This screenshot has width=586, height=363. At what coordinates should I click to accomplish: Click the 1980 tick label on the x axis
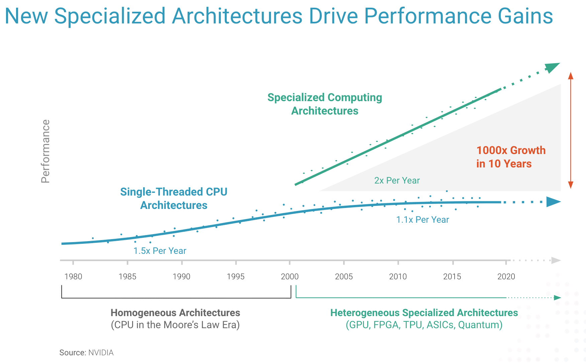click(73, 277)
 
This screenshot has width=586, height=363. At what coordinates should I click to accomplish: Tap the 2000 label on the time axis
click(290, 277)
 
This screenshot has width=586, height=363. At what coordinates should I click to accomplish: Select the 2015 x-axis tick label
click(452, 277)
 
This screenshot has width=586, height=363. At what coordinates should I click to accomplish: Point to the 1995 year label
click(235, 277)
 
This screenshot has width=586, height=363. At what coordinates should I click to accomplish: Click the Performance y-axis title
click(45, 151)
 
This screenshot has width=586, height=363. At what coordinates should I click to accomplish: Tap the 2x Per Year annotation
click(397, 180)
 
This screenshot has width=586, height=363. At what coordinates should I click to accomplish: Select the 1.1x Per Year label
click(422, 220)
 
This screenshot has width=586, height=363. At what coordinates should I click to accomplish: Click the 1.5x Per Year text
click(160, 251)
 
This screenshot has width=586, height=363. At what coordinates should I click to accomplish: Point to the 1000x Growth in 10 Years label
click(510, 157)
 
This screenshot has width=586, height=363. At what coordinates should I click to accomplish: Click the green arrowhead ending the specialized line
click(553, 67)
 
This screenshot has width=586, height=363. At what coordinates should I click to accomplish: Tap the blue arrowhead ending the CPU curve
click(553, 202)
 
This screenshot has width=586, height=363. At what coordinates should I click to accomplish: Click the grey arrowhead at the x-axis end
click(556, 260)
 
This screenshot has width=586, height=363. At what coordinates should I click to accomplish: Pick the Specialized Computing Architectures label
click(324, 104)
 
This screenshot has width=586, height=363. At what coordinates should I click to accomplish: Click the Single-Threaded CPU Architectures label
click(174, 199)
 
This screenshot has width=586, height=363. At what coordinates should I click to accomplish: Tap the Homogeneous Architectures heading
click(175, 313)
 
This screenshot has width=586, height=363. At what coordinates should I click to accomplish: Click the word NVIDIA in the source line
click(101, 353)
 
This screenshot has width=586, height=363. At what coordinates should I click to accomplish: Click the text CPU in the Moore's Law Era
click(175, 325)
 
